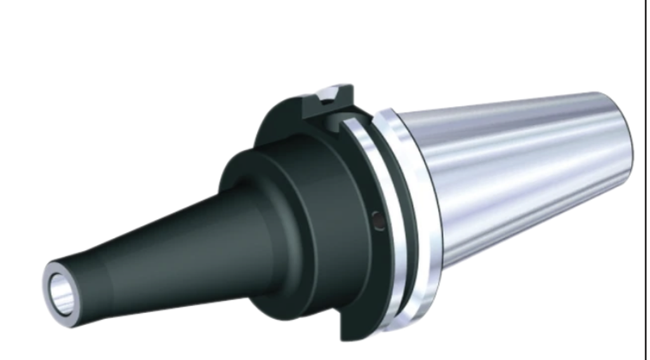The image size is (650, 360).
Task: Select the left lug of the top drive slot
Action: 312,105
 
